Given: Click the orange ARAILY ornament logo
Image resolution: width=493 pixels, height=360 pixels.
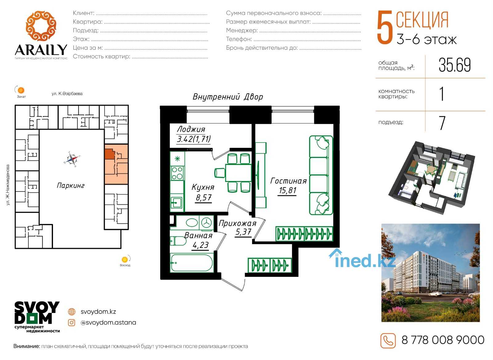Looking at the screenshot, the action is coord(41,26).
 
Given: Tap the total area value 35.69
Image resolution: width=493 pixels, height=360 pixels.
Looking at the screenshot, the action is coord(454,65).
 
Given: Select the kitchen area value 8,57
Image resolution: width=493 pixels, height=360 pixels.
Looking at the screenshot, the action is coord(204,197).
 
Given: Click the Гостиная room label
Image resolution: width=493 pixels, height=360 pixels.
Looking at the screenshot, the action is coord(288,181).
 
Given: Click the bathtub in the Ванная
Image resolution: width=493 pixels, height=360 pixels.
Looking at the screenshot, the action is coord(192,263).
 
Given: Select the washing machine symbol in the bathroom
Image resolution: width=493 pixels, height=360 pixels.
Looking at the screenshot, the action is coord(206,223).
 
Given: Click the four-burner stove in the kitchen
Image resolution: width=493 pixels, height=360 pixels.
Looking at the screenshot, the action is coord(177,173).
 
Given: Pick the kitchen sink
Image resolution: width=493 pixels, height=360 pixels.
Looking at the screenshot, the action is coord(177,202).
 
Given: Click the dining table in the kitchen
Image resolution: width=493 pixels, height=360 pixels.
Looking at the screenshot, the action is coord(238,172).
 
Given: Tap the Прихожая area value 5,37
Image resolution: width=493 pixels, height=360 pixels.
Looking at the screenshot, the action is coord(243,232).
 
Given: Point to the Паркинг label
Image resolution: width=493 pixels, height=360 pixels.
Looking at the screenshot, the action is coord(71,186).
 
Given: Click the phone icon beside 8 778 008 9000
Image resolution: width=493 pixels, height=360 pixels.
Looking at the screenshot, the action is coord(388,341).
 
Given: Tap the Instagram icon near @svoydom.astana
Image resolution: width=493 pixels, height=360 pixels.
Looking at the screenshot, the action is coord(71,323).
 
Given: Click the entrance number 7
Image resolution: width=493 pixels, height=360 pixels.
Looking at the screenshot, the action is coord(442,123).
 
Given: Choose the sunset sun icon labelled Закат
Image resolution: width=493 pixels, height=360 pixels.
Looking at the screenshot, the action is coord(21,90).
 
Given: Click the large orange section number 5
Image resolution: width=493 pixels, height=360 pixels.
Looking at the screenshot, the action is coord(385,27).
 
